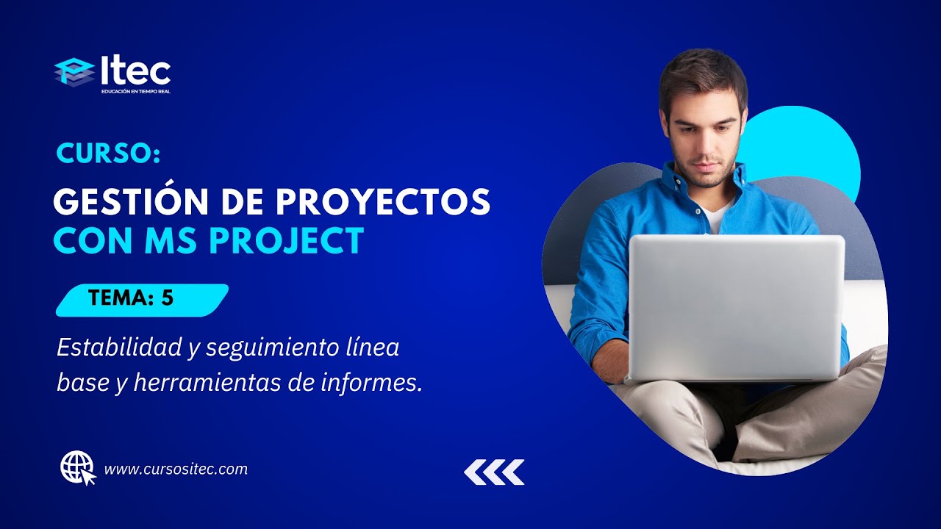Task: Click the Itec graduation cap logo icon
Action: click(74, 72)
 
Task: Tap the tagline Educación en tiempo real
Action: click(136, 92)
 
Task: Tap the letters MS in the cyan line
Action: click(176, 241)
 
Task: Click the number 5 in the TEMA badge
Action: click(168, 298)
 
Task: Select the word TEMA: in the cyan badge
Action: click(118, 298)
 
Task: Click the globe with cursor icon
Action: click(78, 468)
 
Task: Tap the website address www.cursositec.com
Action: click(176, 469)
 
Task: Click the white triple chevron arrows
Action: click(494, 472)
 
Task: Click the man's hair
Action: click(702, 73)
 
